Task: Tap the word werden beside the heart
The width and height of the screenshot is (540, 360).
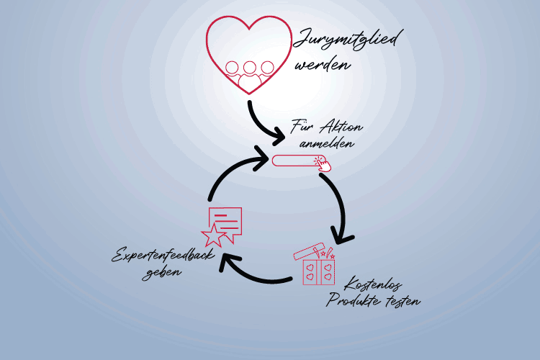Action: point(322,65)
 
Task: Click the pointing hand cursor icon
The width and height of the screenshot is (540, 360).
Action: point(324,165)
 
